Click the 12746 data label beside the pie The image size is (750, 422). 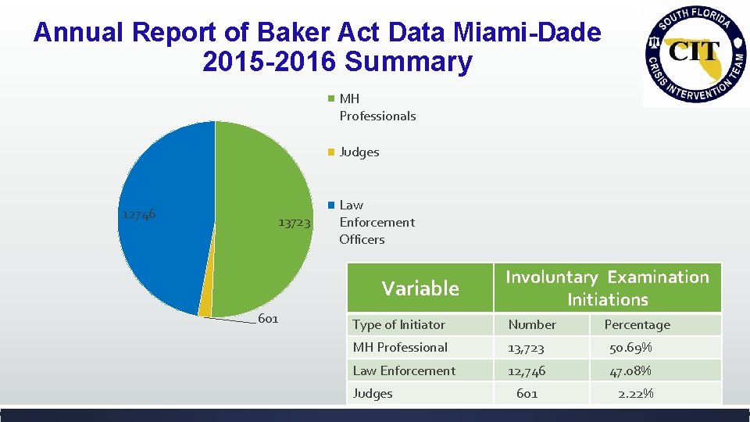[x=138, y=214]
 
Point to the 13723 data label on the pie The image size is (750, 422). [x=294, y=223]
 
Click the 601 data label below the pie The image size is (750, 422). [x=268, y=319]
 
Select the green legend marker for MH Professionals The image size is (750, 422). [x=331, y=99]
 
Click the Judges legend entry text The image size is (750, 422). [x=359, y=152]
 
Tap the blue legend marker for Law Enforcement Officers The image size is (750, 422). [x=331, y=205]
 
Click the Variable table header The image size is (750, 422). [x=420, y=288]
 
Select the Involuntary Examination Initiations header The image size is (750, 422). [x=607, y=288]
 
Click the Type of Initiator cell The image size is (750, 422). [x=398, y=324]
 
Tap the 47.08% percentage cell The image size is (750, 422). [x=630, y=370]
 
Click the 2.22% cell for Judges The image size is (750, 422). [x=635, y=393]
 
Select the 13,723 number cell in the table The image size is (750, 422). [x=526, y=347]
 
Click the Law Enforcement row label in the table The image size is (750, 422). [x=404, y=370]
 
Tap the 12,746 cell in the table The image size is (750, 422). [x=527, y=370]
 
